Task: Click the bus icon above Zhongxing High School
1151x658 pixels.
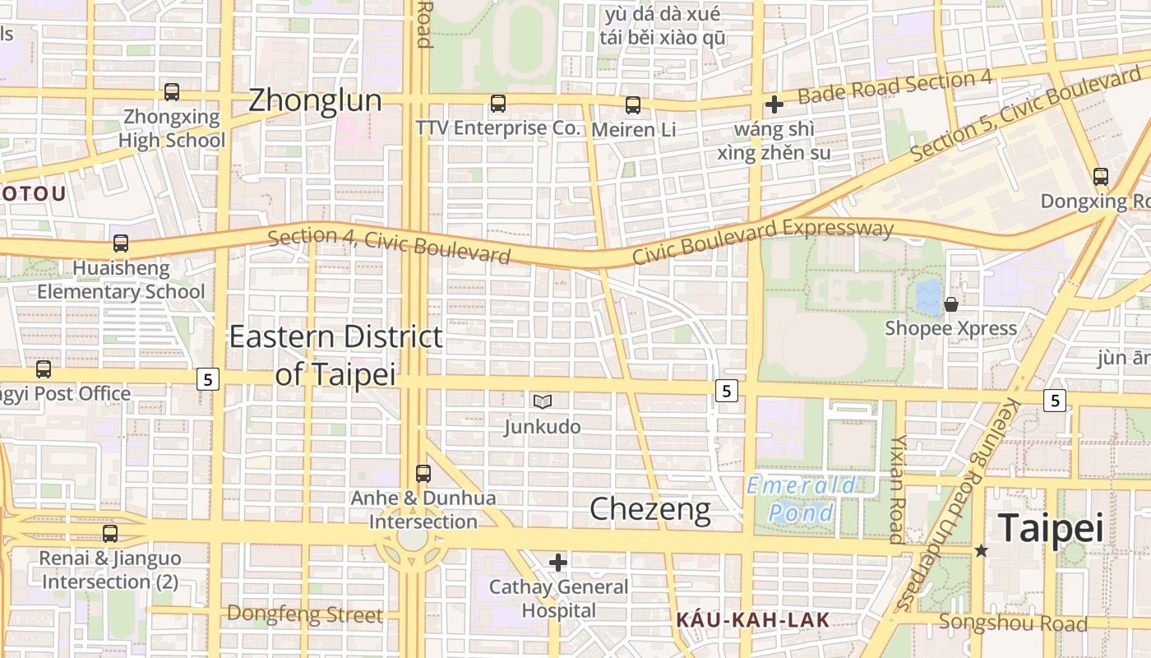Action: click(172, 92)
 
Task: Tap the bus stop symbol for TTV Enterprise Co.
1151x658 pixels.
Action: click(498, 104)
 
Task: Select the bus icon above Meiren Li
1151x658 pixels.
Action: click(633, 105)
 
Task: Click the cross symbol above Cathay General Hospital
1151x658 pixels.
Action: click(558, 563)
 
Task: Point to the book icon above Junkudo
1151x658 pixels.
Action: click(542, 401)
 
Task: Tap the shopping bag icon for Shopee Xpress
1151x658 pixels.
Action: click(951, 304)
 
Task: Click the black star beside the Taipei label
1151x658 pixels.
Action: click(981, 550)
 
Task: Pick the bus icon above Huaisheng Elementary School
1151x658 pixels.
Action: click(121, 243)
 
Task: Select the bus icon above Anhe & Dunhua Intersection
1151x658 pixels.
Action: click(423, 474)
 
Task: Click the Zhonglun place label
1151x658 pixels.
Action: click(315, 100)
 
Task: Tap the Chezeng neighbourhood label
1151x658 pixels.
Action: click(650, 509)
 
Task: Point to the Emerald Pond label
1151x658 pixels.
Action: click(801, 499)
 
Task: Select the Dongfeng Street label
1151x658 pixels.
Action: click(304, 614)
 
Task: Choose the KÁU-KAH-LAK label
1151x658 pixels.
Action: click(752, 620)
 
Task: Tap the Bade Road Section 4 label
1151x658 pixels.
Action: click(894, 86)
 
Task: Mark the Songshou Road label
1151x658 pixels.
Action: click(1013, 623)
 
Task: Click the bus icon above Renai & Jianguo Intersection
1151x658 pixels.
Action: click(110, 534)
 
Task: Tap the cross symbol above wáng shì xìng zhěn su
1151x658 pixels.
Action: click(774, 104)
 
